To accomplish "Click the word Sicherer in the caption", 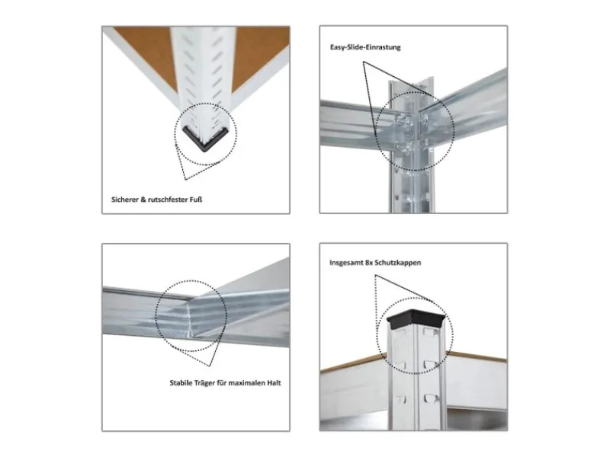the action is coord(124,200).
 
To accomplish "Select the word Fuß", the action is coord(196,200).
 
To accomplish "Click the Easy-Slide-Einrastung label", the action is coord(365,47).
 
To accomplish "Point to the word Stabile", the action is coord(181,383).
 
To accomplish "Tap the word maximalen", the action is coord(246,383).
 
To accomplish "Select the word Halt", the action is coord(274,383).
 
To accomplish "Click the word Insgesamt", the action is coord(346,263).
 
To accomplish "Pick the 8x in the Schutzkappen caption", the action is coord(370,263).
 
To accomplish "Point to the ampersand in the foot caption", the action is coord(143,200).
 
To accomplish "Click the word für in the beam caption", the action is coord(222,383).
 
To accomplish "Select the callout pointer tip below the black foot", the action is coord(185,180).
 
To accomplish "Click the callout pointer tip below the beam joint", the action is coord(210,366).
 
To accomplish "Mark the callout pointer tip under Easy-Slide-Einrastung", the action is coord(364,62).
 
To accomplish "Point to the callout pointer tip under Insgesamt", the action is coord(375,275).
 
